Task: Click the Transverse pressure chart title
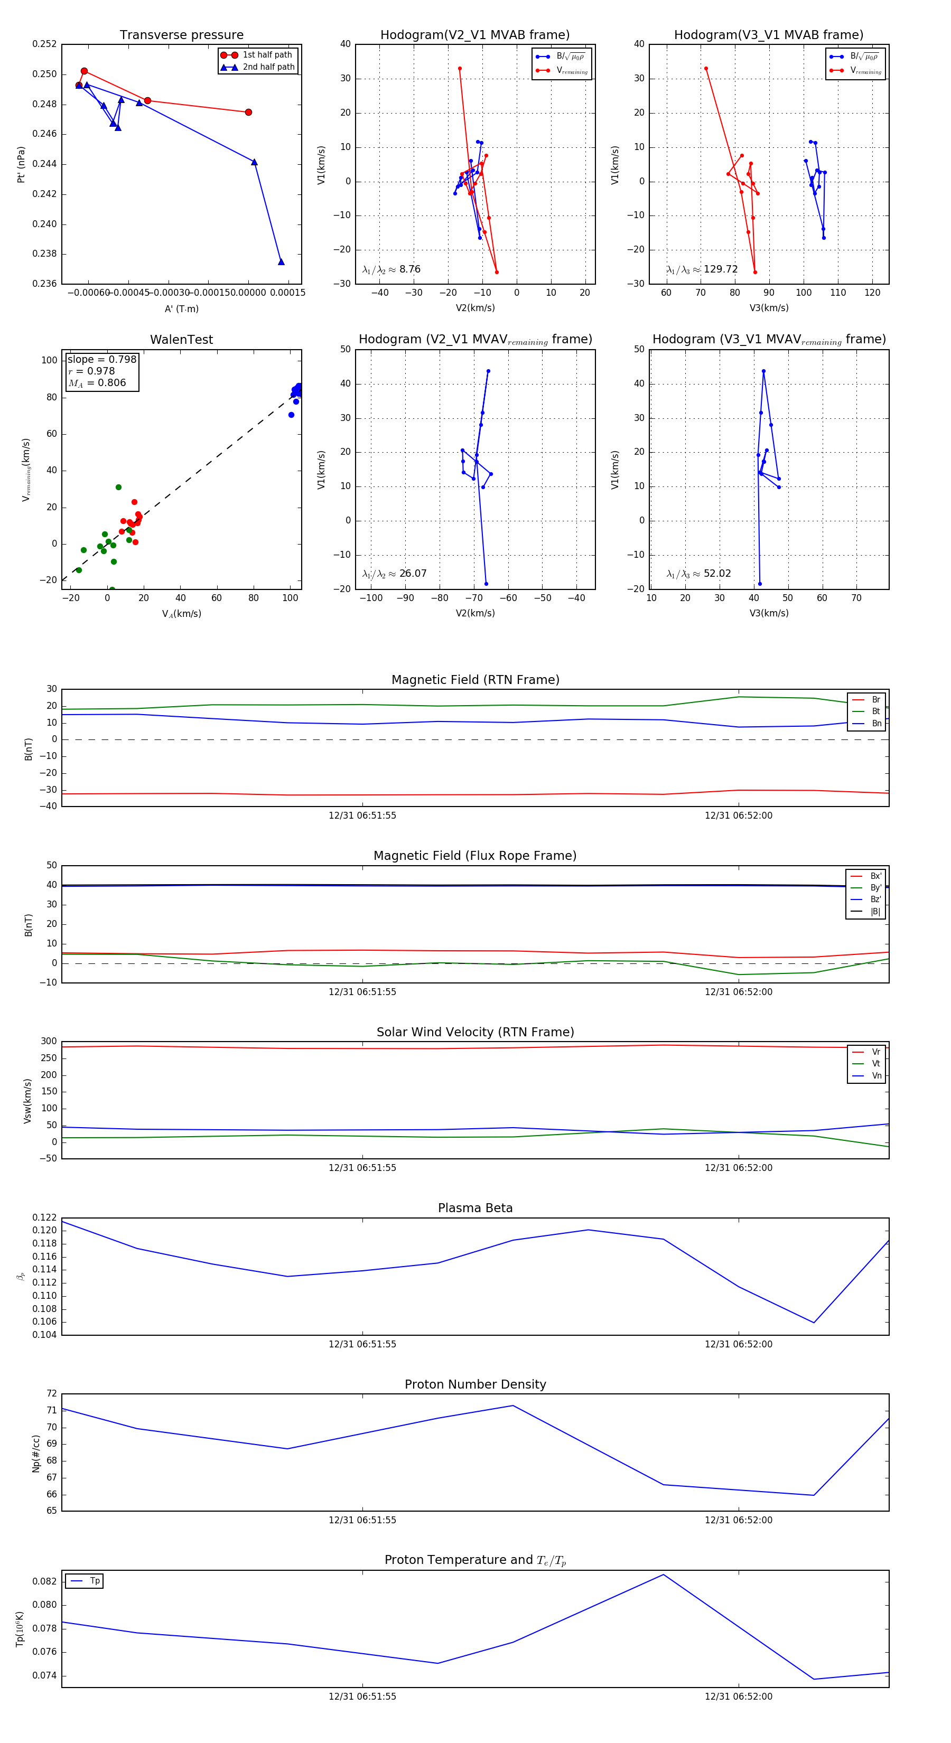pyautogui.click(x=181, y=35)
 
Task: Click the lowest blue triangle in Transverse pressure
pyautogui.click(x=281, y=262)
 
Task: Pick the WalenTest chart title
pyautogui.click(x=181, y=340)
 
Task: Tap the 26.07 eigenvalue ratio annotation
pyautogui.click(x=395, y=574)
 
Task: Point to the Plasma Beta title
pyautogui.click(x=475, y=1208)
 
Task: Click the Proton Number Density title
pyautogui.click(x=475, y=1384)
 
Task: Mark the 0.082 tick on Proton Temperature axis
pyautogui.click(x=45, y=1581)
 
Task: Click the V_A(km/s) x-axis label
pyautogui.click(x=181, y=614)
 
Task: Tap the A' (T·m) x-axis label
pyautogui.click(x=181, y=309)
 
